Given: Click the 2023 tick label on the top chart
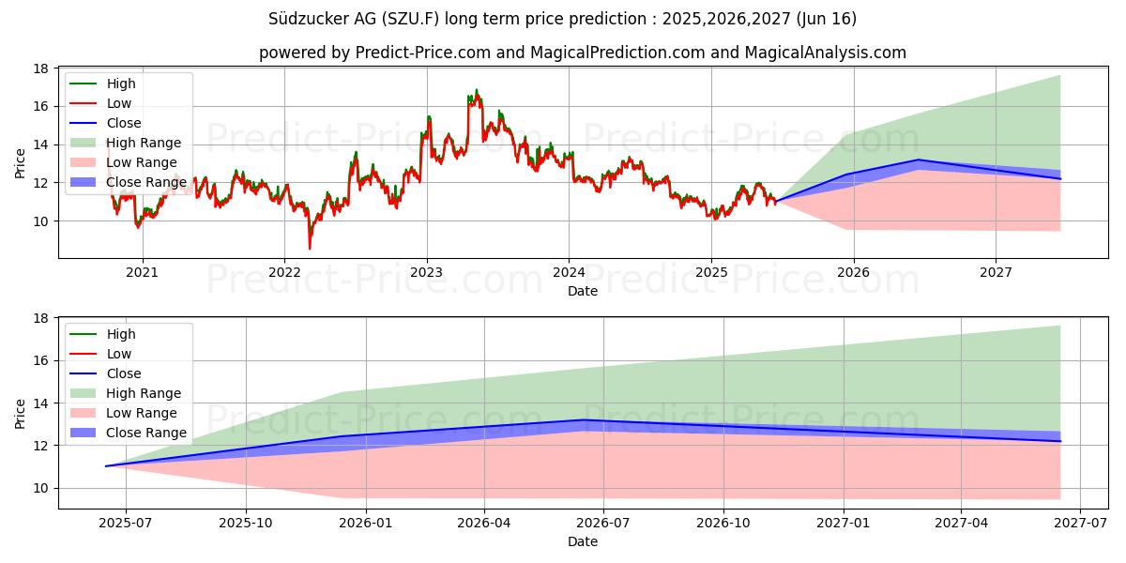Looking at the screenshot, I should [427, 273].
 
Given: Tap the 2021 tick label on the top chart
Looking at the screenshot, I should [143, 273].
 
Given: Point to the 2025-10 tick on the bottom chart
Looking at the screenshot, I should [246, 524].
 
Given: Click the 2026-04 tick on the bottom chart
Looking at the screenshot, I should [484, 524].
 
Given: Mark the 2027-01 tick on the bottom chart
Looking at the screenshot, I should [844, 524].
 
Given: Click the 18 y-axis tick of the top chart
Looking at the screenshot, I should [41, 68].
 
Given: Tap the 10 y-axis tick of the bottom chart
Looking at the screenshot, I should [41, 488].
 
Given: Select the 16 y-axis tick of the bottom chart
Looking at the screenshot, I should [41, 360].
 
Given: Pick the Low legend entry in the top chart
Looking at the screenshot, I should [119, 103].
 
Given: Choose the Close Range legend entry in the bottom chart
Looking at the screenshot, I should [146, 433].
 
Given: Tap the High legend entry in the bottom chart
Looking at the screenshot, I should [121, 334].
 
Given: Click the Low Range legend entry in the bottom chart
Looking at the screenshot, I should [142, 413].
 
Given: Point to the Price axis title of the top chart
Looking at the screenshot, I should [20, 162].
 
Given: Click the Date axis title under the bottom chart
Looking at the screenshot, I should [583, 542].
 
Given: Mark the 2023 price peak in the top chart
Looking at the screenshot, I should [476, 91].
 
